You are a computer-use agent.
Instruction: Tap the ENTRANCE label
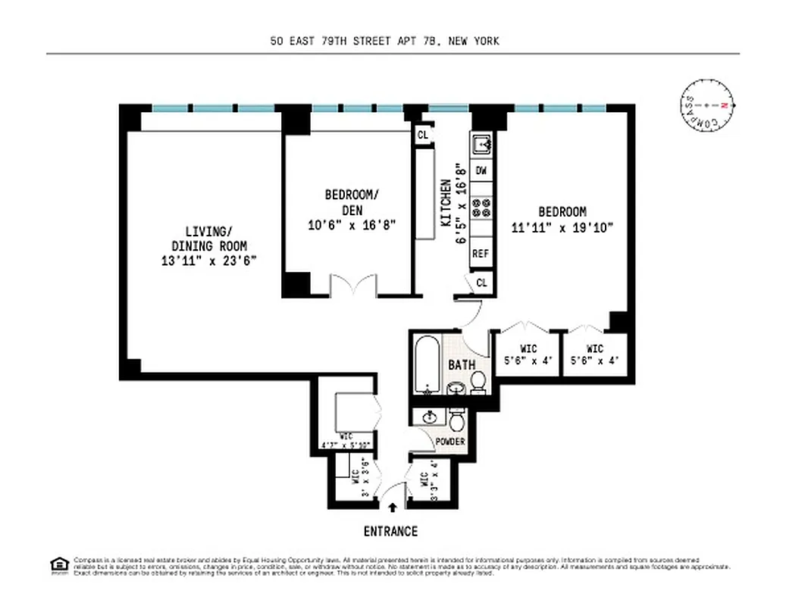tap(390, 531)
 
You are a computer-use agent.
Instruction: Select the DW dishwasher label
tap(481, 171)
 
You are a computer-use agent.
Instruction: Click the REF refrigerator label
tap(481, 254)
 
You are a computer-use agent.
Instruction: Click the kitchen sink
tap(481, 142)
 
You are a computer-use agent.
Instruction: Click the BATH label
tap(462, 364)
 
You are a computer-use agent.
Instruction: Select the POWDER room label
tap(450, 442)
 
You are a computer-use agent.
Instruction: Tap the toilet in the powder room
tap(456, 419)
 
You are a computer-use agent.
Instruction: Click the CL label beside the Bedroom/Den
tap(423, 135)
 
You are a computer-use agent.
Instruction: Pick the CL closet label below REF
tap(481, 283)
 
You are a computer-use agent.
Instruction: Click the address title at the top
tap(384, 41)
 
